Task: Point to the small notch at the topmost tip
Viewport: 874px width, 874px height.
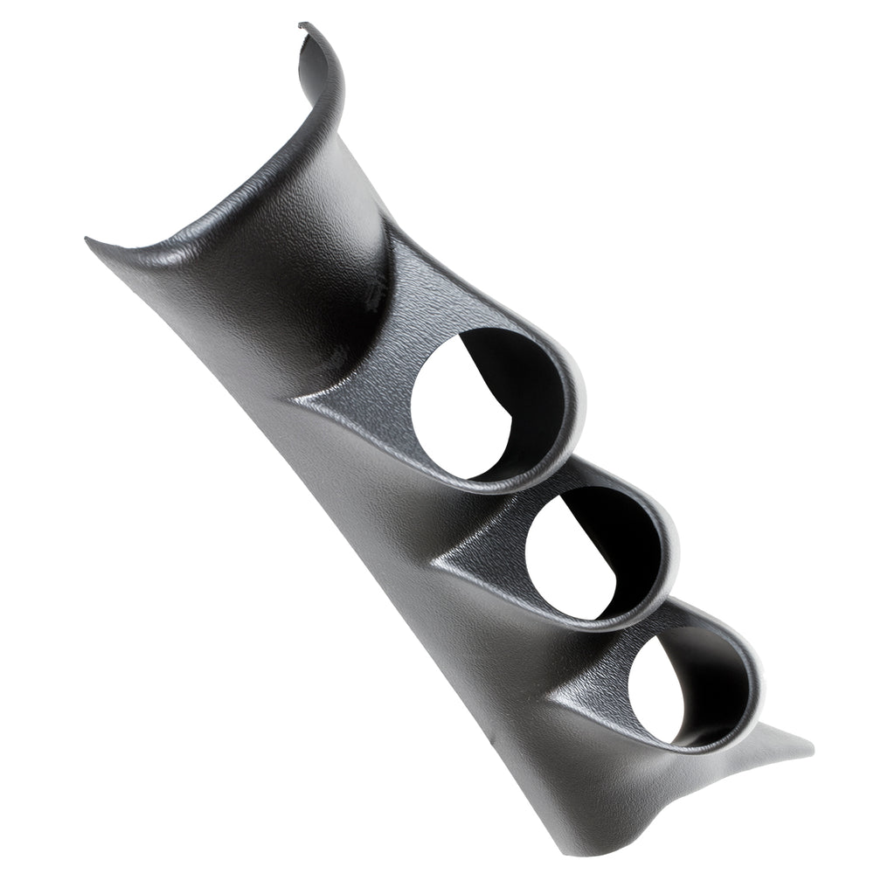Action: tap(302, 26)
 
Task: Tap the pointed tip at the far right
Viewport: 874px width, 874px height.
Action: tap(811, 750)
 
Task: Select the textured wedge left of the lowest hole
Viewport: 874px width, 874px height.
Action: tap(594, 690)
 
